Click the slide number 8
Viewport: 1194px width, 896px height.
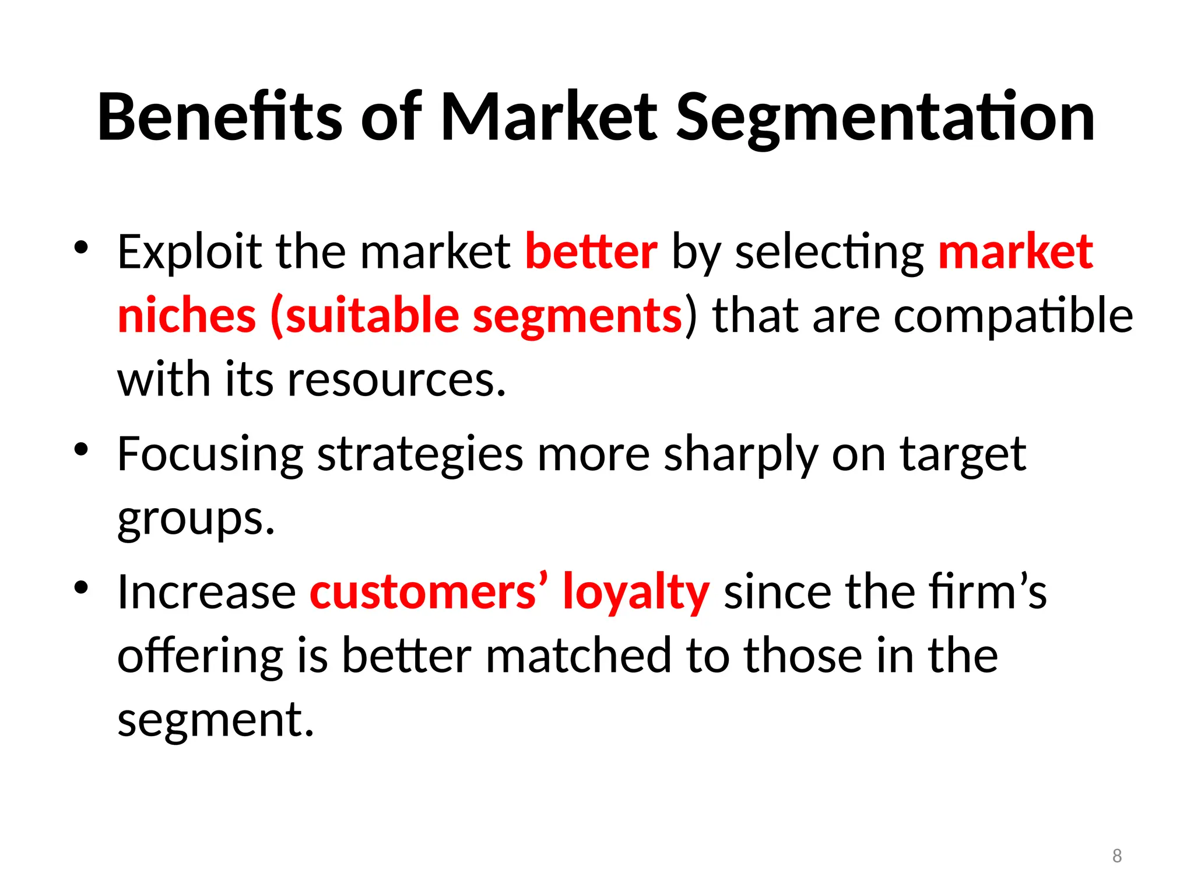coord(1117,856)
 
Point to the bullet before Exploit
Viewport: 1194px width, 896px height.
coord(81,247)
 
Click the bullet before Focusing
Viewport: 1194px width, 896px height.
coord(81,450)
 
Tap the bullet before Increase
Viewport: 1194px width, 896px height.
coord(81,587)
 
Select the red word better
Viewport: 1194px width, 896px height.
coord(591,251)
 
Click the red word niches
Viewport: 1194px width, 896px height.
coord(187,316)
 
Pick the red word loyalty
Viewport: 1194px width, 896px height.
coord(636,592)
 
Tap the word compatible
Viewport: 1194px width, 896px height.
coord(1013,316)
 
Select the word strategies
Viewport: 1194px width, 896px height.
coord(420,455)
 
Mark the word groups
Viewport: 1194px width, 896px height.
coord(195,519)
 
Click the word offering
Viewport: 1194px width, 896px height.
coord(200,656)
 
